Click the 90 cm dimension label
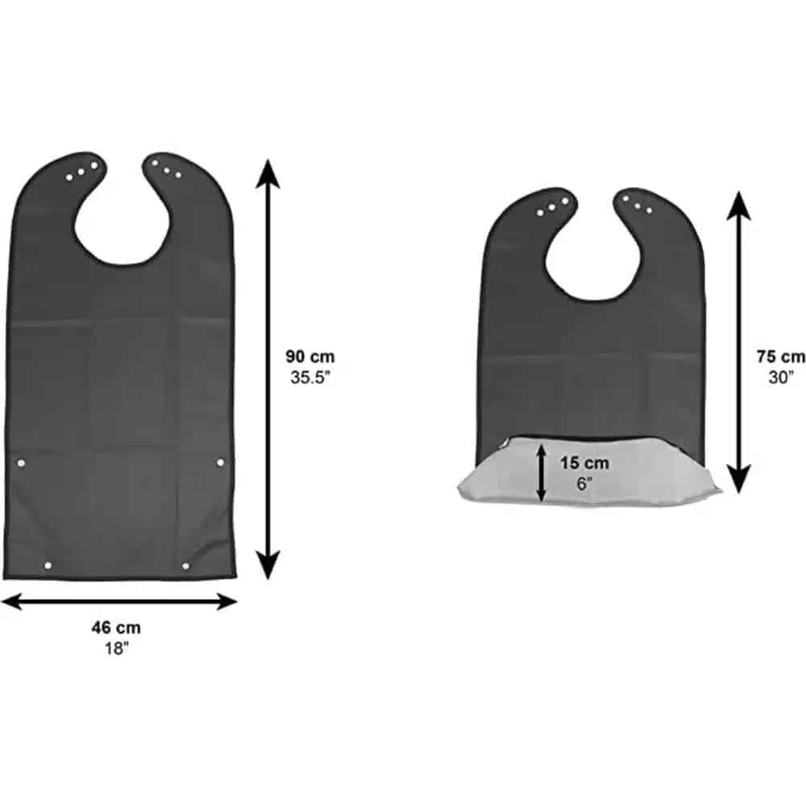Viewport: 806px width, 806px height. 310,356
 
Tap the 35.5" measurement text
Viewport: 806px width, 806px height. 310,377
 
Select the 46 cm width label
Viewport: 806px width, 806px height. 116,627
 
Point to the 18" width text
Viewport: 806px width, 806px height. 116,648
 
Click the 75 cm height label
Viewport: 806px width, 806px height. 781,356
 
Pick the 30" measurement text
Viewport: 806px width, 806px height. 781,377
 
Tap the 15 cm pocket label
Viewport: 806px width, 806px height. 584,463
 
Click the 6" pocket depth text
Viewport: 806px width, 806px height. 584,484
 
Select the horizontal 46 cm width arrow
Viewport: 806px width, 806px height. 118,601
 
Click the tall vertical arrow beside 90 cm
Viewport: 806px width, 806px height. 268,370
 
